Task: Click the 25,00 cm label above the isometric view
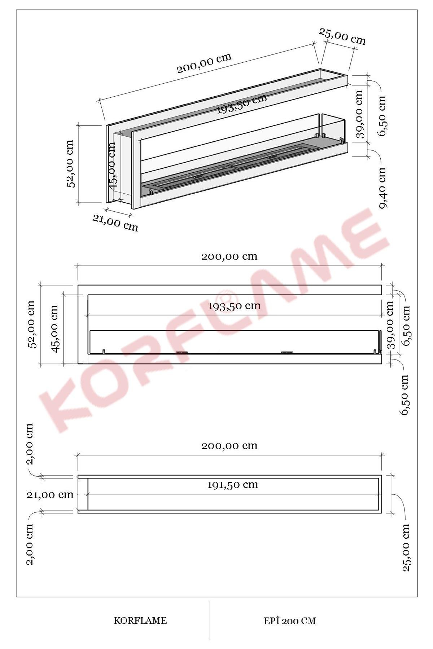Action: click(342, 37)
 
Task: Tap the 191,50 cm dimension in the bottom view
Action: click(232, 485)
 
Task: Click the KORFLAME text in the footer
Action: click(140, 621)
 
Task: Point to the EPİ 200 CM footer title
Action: click(289, 621)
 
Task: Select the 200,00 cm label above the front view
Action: click(229, 256)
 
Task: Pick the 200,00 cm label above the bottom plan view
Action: click(229, 446)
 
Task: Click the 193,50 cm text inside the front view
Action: click(234, 306)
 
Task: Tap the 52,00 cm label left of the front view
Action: click(32, 324)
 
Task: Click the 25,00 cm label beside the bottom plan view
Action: click(406, 547)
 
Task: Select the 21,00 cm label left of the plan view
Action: click(50, 495)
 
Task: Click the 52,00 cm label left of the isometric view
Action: click(70, 163)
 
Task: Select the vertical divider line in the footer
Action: click(210, 620)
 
